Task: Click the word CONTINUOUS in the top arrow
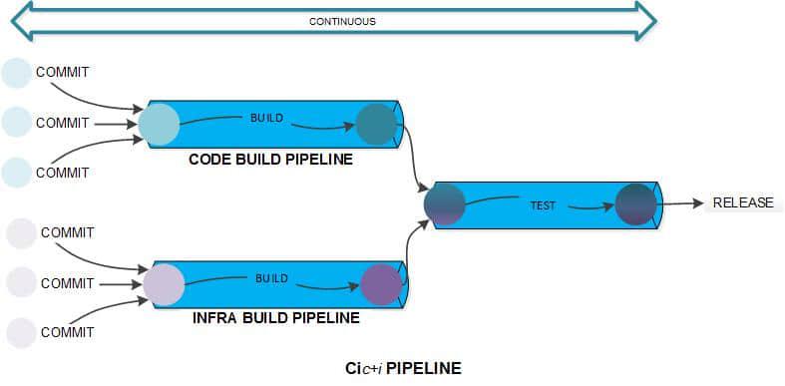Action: pos(342,21)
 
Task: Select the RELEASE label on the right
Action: pos(742,202)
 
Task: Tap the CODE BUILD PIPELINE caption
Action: pos(270,159)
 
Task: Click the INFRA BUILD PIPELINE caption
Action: pos(274,319)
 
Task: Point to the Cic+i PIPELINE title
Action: pos(397,368)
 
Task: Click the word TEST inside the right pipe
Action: pos(542,205)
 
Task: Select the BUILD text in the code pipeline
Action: pos(266,118)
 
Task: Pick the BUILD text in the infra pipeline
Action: pos(271,278)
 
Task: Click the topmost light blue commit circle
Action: pos(17,73)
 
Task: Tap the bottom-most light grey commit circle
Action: pos(21,332)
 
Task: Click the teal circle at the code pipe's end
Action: pos(376,125)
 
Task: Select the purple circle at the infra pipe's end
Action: pos(381,284)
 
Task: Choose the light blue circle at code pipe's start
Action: pos(159,125)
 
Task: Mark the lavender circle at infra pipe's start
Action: pos(164,284)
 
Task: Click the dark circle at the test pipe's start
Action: pos(444,204)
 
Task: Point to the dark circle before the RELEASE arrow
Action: pos(635,204)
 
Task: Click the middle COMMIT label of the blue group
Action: pos(62,124)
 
